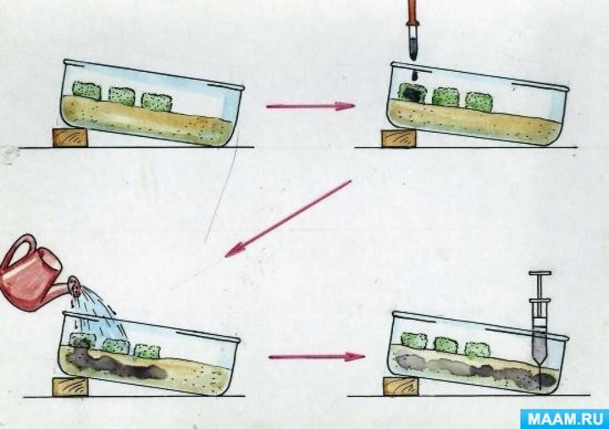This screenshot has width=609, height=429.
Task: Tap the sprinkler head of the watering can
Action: click(75, 286)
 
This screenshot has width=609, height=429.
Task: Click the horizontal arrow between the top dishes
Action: click(310, 106)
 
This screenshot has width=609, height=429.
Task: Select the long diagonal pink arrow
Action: click(288, 218)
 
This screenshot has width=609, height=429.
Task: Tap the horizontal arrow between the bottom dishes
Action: click(317, 356)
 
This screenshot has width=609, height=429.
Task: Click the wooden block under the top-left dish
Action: click(70, 138)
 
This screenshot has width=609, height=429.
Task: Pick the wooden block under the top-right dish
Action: click(399, 138)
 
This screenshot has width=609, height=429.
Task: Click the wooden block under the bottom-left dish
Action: click(70, 387)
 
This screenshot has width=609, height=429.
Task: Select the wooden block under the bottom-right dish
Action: click(401, 387)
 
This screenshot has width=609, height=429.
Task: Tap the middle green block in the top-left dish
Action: click(122, 96)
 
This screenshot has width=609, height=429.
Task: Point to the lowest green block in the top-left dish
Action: click(156, 101)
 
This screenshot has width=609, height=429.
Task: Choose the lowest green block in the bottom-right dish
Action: click(478, 350)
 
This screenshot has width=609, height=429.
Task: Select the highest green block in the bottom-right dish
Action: click(414, 340)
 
